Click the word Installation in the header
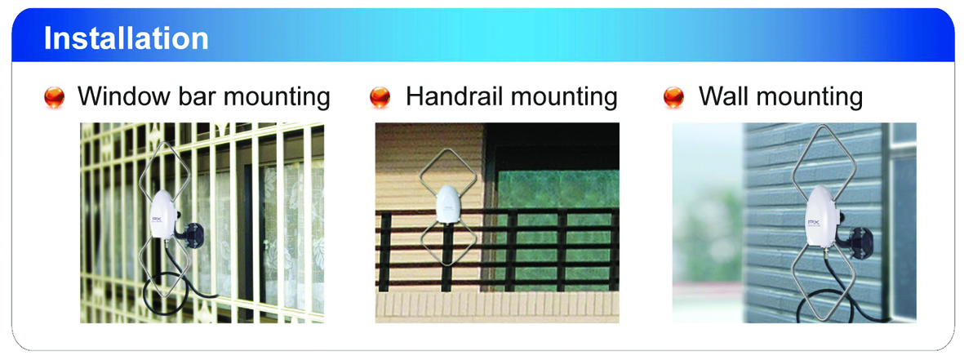coord(126,38)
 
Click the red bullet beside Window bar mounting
coord(55,97)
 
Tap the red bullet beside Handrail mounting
coord(380,97)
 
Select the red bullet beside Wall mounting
coord(674,97)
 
